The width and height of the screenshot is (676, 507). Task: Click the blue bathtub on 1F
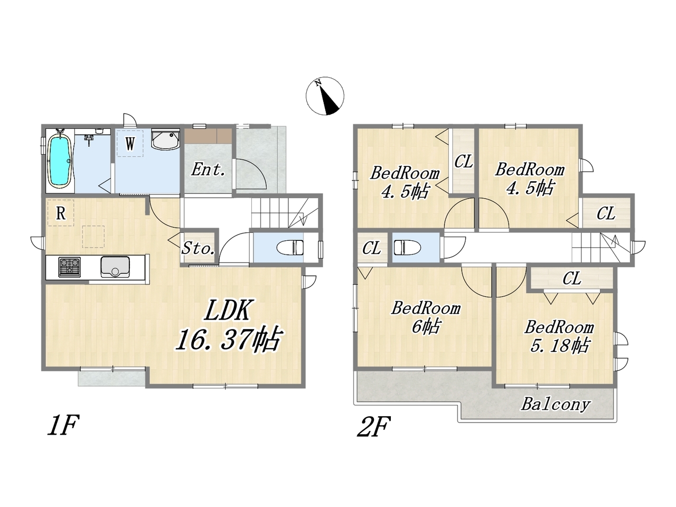60,161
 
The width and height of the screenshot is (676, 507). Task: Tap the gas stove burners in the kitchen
70,267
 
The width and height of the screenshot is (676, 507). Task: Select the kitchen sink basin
115,267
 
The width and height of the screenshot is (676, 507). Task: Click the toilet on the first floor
290,247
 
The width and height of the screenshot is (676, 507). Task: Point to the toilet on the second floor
407,247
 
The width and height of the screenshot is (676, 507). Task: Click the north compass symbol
325,96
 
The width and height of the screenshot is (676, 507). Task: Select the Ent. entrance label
208,170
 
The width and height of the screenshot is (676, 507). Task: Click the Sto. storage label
198,248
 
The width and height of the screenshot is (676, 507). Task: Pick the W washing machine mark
130,144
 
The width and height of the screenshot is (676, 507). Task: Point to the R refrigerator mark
61,213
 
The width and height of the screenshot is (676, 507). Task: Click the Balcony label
556,404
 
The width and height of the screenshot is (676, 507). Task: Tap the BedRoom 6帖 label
426,317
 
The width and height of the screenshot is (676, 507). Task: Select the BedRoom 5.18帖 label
559,336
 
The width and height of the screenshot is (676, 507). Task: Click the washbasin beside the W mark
165,140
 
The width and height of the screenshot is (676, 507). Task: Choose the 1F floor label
63,425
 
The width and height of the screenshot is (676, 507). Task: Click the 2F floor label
373,426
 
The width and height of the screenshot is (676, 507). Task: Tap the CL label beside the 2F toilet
371,248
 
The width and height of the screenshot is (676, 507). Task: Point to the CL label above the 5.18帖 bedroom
571,278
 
